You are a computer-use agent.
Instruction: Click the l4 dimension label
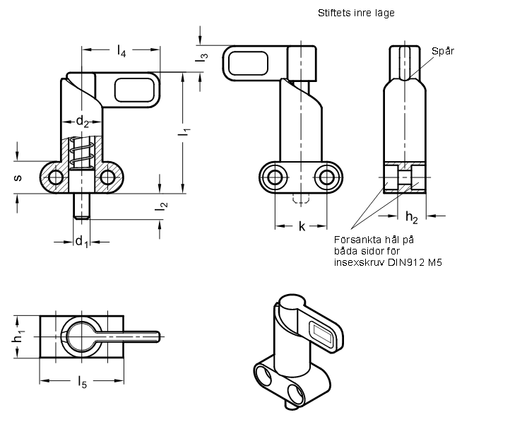pos(121,51)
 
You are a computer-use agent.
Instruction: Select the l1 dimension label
pos(184,132)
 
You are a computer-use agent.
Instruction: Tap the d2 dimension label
pos(82,122)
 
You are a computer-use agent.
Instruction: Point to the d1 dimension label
pos(82,242)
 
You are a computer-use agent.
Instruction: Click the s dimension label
pos(18,177)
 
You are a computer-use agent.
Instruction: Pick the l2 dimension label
pos(161,206)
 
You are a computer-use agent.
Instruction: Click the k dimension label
pos(302,226)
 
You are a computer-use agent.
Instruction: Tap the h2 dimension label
pos(411,217)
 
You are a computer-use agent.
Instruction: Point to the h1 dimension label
pos(18,336)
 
